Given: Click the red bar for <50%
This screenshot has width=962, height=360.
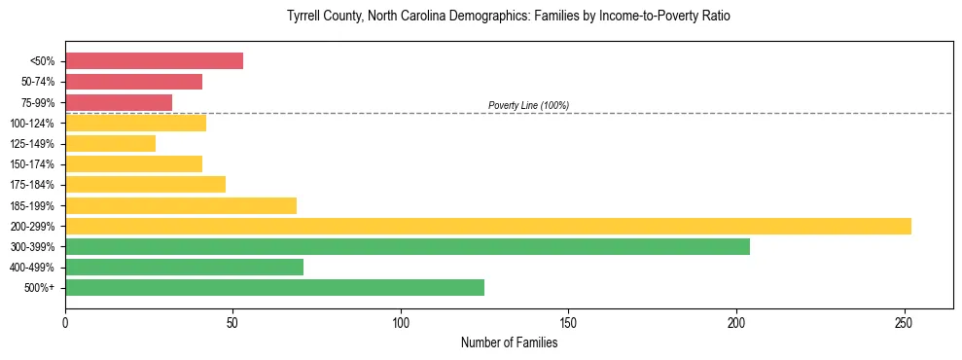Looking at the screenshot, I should click(x=154, y=61).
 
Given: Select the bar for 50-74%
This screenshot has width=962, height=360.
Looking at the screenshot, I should click(x=133, y=82).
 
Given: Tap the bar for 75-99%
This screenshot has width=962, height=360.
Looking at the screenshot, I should click(x=119, y=102).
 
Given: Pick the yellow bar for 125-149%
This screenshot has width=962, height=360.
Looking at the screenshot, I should click(x=110, y=144).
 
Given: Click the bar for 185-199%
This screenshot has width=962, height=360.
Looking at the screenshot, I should click(x=181, y=205).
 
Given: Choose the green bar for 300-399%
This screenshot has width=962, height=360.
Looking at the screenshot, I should click(x=408, y=246).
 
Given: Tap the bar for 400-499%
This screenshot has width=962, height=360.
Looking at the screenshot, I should click(x=184, y=267).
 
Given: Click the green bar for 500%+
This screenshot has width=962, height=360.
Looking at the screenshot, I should click(x=274, y=287).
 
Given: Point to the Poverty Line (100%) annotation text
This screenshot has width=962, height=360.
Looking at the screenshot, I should click(x=528, y=105).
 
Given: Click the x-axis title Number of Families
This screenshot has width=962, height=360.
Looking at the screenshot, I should click(x=509, y=342).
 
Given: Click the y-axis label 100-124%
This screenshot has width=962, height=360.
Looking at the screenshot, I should click(x=32, y=124).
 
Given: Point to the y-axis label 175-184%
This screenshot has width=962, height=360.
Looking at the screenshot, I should click(x=32, y=185).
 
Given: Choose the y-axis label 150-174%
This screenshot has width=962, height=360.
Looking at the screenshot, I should click(x=32, y=164).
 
